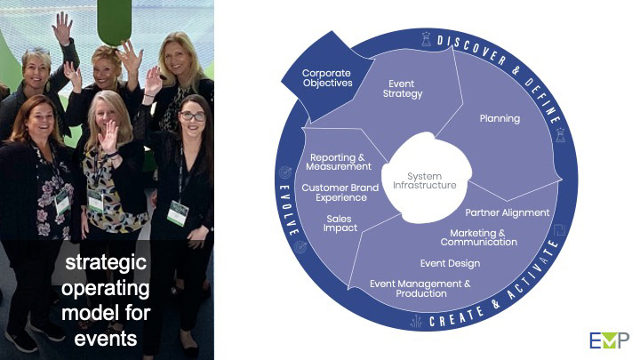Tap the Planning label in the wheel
tap(500, 117)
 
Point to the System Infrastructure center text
tap(425, 181)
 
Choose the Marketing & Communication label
tap(477, 237)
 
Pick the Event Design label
tap(450, 263)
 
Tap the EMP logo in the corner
tap(609, 340)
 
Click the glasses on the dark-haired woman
tap(192, 116)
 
